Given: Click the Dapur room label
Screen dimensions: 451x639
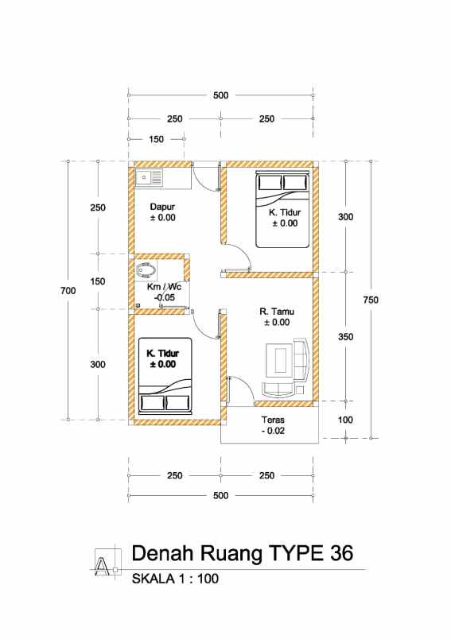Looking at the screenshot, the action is click(162, 207).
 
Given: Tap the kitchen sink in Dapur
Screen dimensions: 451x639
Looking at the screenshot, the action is click(149, 178).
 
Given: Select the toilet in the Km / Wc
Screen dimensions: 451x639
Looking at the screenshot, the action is click(146, 270).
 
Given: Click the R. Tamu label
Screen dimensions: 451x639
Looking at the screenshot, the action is click(277, 312).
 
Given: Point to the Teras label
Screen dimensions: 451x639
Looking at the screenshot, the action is click(273, 420).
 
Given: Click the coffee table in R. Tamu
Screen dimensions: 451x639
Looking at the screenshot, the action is click(279, 360).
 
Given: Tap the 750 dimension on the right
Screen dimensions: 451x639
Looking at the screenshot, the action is click(371, 300).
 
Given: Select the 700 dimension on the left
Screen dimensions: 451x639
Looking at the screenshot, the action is click(68, 291).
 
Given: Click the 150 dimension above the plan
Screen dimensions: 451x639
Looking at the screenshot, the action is click(156, 139).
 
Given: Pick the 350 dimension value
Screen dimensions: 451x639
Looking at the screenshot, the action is click(345, 337).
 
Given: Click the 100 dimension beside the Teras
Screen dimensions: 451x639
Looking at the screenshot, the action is click(345, 420).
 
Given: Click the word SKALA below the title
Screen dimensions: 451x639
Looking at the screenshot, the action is click(153, 579).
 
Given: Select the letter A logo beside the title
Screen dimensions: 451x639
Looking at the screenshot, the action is click(106, 563).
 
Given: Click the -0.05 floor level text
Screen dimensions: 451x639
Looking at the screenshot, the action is click(165, 297).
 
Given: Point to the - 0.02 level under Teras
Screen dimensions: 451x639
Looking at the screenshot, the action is click(273, 431).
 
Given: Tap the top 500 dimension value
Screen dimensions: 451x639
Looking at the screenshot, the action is click(220, 95).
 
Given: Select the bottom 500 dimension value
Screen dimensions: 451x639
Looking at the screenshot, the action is click(220, 496).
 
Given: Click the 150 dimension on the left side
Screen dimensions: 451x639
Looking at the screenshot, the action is click(98, 281).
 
